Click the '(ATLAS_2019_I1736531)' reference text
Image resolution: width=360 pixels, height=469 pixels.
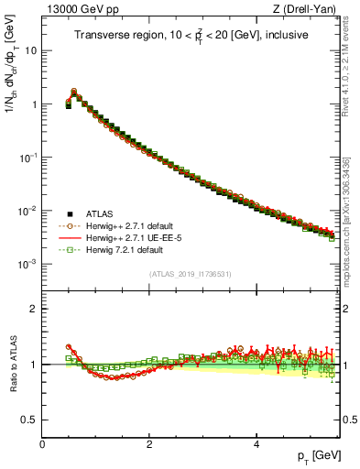coord(191,274)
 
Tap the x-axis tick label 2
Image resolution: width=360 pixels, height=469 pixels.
coord(149,443)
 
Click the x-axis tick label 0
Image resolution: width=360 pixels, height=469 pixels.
coord(42,443)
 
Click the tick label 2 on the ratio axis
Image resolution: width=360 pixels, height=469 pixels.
coord(33,309)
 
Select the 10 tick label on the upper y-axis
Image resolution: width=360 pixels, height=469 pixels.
coord(29,50)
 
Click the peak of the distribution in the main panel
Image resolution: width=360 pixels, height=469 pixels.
coord(74,92)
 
